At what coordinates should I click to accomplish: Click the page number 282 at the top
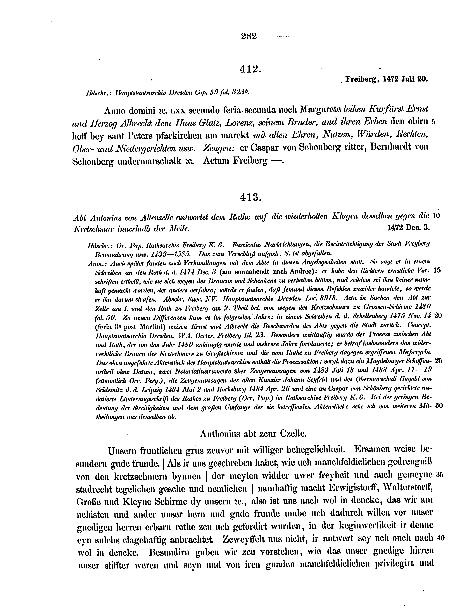249,36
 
